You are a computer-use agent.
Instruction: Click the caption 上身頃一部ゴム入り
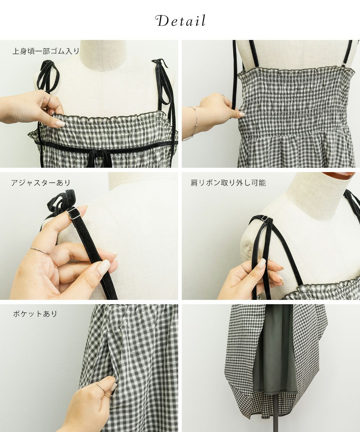pyautogui.click(x=46, y=51)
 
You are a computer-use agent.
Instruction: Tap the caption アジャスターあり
pyautogui.click(x=41, y=183)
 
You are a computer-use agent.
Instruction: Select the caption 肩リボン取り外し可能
pyautogui.click(x=228, y=183)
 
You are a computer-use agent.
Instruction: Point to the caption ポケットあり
pyautogui.click(x=35, y=314)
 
